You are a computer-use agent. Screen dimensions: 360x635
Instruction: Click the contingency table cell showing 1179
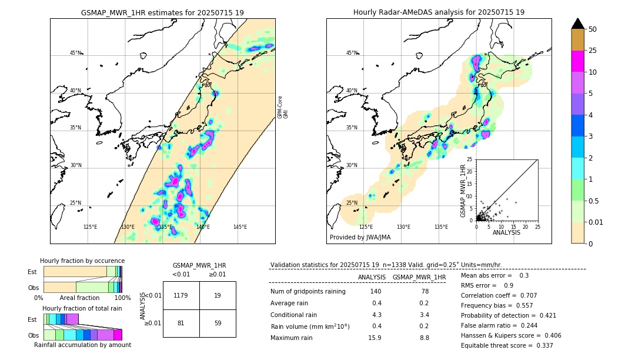click(181, 295)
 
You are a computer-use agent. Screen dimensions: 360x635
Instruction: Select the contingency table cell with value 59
click(217, 322)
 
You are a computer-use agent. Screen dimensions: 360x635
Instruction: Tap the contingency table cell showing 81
click(181, 322)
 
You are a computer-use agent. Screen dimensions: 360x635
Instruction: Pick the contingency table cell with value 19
click(217, 295)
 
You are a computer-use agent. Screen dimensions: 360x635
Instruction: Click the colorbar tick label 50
click(593, 29)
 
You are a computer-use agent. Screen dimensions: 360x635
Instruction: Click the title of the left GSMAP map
click(162, 12)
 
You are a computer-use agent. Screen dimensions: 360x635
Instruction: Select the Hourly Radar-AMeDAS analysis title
click(439, 12)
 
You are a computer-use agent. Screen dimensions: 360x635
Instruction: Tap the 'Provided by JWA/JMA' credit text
click(360, 237)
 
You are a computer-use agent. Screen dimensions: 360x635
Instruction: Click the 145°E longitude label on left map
click(240, 227)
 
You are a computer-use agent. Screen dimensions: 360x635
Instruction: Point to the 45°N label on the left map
click(75, 53)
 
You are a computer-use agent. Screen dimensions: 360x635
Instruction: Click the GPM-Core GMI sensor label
click(283, 107)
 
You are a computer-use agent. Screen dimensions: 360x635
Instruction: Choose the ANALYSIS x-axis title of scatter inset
click(506, 232)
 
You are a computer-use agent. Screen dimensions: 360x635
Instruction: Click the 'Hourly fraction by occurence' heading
click(82, 261)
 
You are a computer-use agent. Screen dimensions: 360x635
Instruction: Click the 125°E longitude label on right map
click(366, 227)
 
